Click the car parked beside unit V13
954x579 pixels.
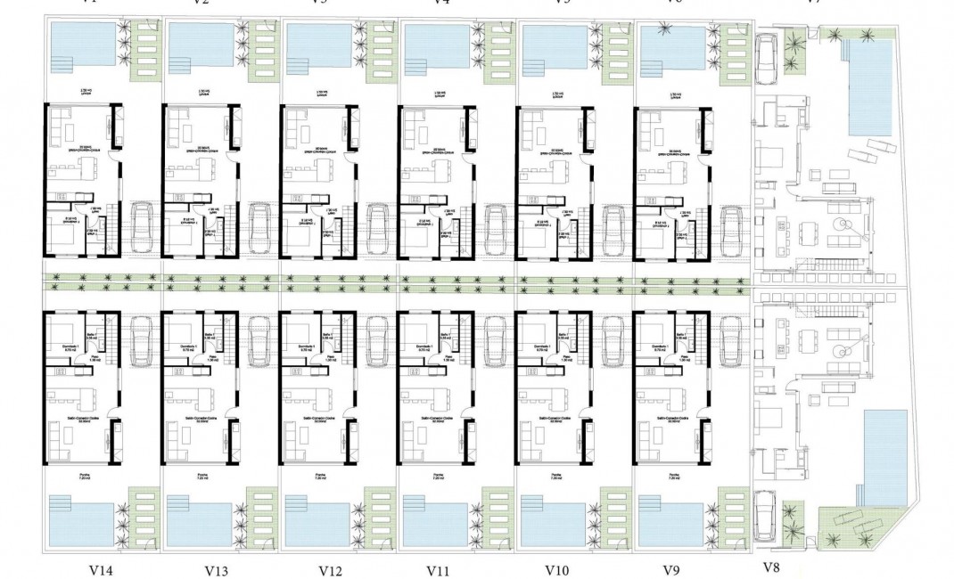(259, 338)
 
